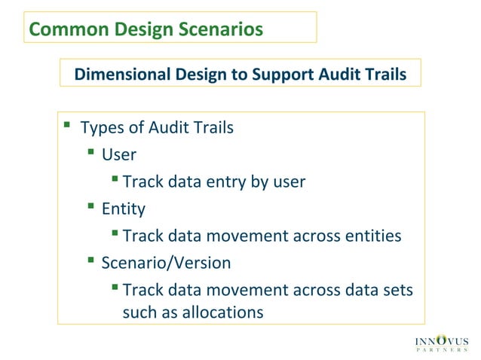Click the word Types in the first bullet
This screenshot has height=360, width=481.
(x=100, y=127)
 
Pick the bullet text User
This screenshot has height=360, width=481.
(x=119, y=154)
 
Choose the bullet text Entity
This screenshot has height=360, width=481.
(x=124, y=209)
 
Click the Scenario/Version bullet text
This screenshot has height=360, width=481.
(x=166, y=263)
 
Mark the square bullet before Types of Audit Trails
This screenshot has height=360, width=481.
(x=67, y=124)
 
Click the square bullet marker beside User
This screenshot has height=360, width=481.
(x=90, y=152)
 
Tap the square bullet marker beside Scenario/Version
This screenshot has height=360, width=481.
(x=90, y=261)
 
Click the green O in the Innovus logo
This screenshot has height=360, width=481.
(x=442, y=340)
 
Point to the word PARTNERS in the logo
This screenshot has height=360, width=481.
(x=443, y=352)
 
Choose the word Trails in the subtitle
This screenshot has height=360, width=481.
(x=384, y=75)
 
